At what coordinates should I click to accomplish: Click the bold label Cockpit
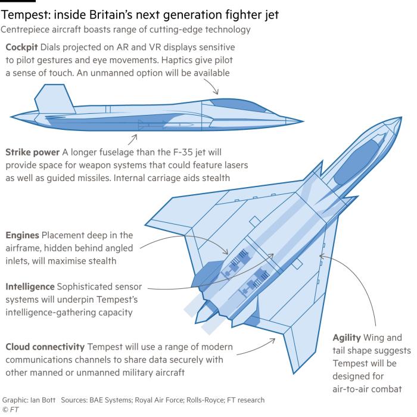(x=21, y=47)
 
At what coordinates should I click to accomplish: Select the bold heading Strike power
(x=32, y=153)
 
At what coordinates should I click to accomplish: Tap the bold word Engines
(x=23, y=235)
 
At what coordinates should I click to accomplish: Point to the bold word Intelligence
(x=30, y=287)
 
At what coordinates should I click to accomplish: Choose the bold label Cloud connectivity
(x=45, y=347)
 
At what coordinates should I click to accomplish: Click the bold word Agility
(x=347, y=338)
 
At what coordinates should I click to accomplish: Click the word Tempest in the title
(x=25, y=15)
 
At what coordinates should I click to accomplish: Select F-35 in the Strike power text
(x=182, y=153)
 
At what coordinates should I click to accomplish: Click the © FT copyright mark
(x=10, y=410)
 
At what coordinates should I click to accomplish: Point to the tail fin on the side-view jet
(x=55, y=99)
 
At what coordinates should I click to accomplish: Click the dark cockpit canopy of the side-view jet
(x=238, y=104)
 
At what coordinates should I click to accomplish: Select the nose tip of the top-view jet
(x=401, y=117)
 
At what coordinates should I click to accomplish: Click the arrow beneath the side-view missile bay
(x=132, y=139)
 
